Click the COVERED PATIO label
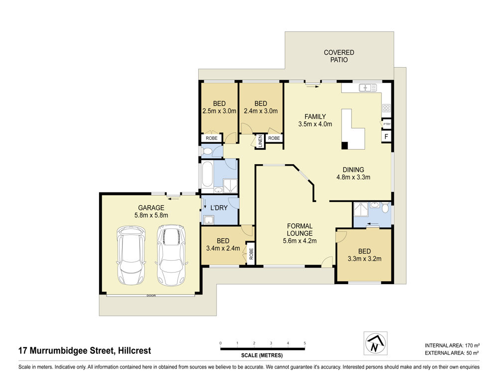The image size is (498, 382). point(339,56)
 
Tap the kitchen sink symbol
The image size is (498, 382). point(368,88)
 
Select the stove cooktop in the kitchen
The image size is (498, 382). point(386,108)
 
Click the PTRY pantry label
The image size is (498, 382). point(386,124)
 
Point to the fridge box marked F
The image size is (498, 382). point(386,137)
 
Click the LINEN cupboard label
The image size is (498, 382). point(260,141)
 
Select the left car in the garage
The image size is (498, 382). point(131,255)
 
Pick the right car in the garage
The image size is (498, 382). point(171,255)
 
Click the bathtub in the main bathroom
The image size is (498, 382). point(207,174)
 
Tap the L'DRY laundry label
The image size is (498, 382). point(219,208)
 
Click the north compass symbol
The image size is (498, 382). point(375,343)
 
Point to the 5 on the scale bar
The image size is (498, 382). point(305,343)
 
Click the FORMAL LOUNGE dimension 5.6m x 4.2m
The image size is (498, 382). point(299,241)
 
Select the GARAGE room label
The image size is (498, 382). point(151,208)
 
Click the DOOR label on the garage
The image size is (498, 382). point(151,295)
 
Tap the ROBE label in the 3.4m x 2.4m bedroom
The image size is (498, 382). point(251,254)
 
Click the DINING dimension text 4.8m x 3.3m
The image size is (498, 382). point(353,178)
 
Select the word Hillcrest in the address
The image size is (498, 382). point(134,351)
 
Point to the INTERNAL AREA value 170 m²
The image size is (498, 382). point(473,345)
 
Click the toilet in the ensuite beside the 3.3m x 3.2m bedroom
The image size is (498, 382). point(385,208)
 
